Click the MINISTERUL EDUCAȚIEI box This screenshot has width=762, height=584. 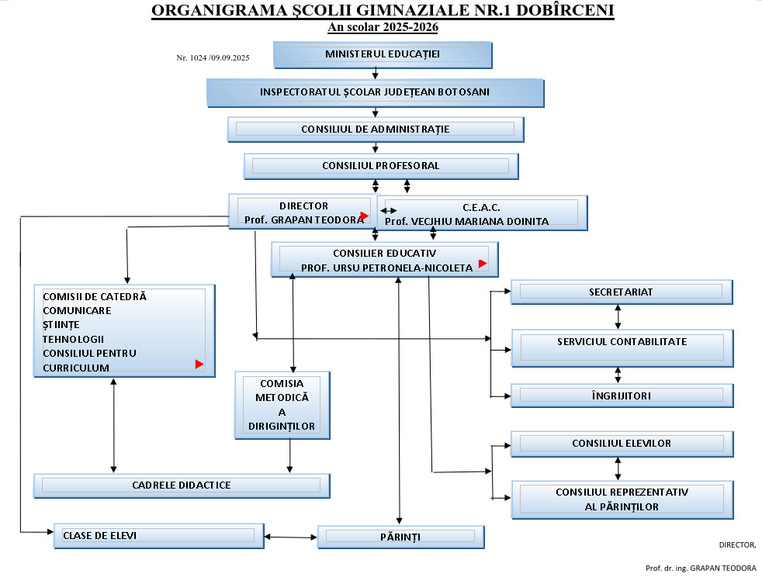pos(383,54)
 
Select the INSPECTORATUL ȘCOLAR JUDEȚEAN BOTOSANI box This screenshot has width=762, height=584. pos(375,92)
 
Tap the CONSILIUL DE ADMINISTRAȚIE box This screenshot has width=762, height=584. pos(376,129)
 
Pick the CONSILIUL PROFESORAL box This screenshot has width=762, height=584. pos(381,166)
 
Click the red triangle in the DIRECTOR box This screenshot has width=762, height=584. pos(364,216)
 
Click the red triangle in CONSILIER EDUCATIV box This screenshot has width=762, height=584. pos(482,264)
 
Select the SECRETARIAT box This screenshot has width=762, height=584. pos(622,292)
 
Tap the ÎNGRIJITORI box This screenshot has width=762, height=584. pos(622,396)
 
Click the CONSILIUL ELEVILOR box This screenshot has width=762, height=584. pos(622,444)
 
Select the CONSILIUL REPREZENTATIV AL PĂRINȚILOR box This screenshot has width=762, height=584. pos(622,499)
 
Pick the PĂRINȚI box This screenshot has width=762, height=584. pos(400,537)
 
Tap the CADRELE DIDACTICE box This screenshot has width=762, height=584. pos(182,486)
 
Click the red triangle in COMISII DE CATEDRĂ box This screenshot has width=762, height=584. pos(199,364)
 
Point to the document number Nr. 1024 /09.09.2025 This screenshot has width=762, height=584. pos(213,57)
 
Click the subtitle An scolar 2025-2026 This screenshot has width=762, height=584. pos(383,27)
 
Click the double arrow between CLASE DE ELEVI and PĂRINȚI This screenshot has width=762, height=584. pos(291,536)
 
